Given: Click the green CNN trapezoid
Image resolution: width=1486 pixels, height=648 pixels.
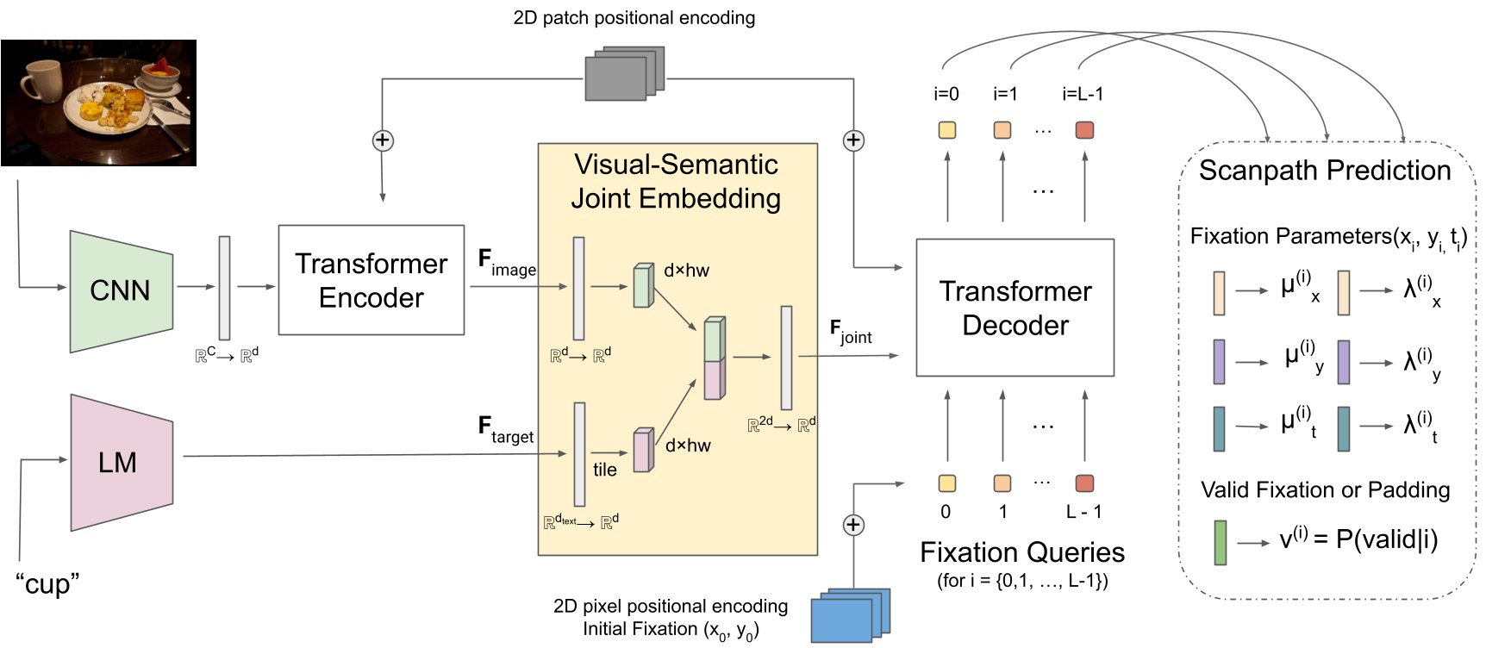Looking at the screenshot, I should [121, 291].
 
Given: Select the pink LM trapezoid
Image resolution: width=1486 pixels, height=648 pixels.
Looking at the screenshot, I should [121, 463].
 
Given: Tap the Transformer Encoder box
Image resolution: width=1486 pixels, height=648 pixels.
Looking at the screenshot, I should [371, 280].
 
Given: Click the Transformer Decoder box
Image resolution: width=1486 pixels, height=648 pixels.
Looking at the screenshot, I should [1015, 308].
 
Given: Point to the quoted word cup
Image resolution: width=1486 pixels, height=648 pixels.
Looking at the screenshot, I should [47, 584].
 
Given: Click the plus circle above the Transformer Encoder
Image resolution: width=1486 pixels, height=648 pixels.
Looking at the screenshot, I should [383, 140].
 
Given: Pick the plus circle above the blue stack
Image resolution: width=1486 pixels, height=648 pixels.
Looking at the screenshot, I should [853, 525].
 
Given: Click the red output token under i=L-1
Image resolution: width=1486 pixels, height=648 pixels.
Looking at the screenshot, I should [1084, 130].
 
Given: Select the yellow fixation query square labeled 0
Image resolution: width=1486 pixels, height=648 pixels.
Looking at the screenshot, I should [946, 483].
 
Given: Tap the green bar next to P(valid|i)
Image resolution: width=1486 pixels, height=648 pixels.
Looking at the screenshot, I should [1220, 542].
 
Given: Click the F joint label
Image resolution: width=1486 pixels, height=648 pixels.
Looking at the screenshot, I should [850, 332].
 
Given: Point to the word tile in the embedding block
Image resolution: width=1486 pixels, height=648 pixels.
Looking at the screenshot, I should [604, 470].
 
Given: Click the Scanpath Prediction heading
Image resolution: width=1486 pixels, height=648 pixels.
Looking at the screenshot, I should [1325, 171].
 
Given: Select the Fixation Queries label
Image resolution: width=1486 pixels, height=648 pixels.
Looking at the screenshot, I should [1021, 552].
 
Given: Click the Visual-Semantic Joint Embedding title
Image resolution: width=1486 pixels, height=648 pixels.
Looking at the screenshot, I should [676, 182].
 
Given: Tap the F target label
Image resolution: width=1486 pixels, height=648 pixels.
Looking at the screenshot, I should [505, 429].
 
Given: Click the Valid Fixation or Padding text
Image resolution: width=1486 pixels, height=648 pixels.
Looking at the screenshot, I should [1325, 490].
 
